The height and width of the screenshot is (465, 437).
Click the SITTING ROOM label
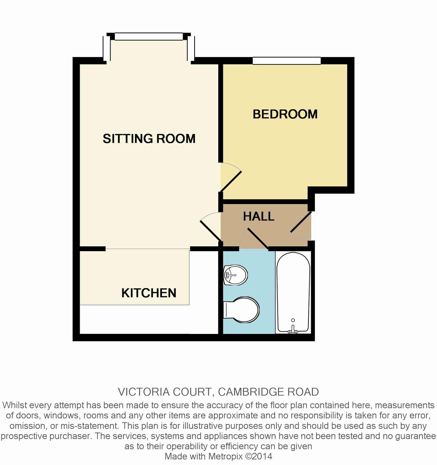coord(149,138)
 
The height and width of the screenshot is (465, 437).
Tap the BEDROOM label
coord(285,114)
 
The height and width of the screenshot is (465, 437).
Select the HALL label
coord(259,217)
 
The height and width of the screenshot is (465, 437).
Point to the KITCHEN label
coord(149,293)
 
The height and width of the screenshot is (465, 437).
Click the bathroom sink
coord(235,275)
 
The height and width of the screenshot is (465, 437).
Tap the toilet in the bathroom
coord(241,310)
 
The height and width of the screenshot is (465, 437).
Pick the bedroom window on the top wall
coord(287,61)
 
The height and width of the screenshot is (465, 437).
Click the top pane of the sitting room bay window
coord(149,37)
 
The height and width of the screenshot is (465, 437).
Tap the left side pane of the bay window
coord(107,48)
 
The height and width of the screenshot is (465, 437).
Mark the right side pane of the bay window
coord(191,48)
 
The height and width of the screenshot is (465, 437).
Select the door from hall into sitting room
coord(210,231)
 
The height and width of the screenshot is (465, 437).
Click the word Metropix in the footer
coord(225,457)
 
